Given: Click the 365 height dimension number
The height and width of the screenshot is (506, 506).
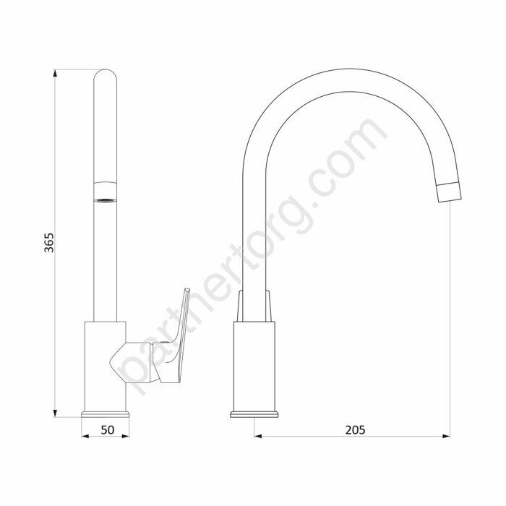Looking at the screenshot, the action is coord(49,242).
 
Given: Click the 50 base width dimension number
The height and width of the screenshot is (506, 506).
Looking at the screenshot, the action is coord(108,430).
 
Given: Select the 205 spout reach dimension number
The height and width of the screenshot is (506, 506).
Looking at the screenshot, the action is coord(356,430).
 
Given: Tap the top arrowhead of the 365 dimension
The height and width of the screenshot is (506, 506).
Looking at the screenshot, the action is coord(55,73).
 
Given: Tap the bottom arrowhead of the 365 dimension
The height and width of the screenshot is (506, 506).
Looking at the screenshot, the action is coord(55,413).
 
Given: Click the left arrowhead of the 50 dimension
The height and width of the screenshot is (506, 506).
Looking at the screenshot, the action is coord(85,437).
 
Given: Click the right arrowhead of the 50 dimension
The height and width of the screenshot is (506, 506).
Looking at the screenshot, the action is coord(126,437).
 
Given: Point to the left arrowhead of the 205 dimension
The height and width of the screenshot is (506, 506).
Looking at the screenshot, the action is coord(258,437).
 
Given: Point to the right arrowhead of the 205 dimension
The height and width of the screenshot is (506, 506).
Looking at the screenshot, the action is coord(446,437).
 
